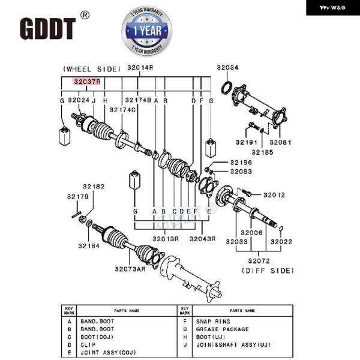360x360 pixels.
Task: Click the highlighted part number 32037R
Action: [87, 81]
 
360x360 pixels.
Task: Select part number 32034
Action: [227, 67]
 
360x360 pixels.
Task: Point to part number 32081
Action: [280, 143]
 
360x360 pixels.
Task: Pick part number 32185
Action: [263, 152]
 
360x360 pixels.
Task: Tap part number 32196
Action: [242, 163]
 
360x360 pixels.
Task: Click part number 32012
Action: [273, 194]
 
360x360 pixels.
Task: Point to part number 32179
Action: [77, 196]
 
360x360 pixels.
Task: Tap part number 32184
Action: [89, 245]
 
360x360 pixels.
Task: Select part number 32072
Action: [259, 262]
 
